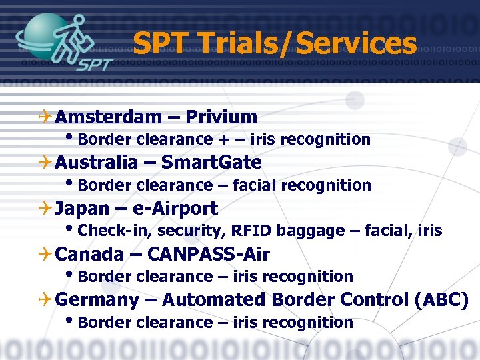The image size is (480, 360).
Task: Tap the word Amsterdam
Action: pyautogui.click(x=109, y=117)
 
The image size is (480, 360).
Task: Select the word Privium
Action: pyautogui.click(x=221, y=117)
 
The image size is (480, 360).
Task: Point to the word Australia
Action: pyautogui.click(x=96, y=163)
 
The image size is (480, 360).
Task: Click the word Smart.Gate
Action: pyautogui.click(x=211, y=163)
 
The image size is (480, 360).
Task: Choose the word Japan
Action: pyautogui.click(x=82, y=209)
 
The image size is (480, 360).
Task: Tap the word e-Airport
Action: pyautogui.click(x=175, y=209)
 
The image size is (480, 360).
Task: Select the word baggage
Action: pyautogui.click(x=309, y=232)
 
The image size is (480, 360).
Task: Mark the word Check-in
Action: pyautogui.click(x=106, y=231)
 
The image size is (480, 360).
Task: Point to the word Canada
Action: pyautogui.click(x=89, y=255)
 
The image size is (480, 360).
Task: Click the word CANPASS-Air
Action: pyautogui.click(x=208, y=255)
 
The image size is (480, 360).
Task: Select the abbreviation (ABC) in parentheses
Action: pyautogui.click(x=441, y=301)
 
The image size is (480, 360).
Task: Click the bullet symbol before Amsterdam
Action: pyautogui.click(x=45, y=117)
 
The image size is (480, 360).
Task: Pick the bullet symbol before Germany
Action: pyautogui.click(x=45, y=301)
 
